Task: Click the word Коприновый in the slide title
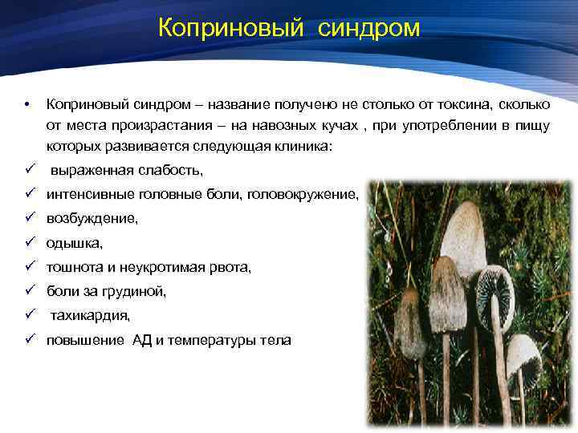(x=230, y=29)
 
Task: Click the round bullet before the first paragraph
(x=28, y=105)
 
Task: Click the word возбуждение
(x=92, y=218)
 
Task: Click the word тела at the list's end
(x=275, y=341)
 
